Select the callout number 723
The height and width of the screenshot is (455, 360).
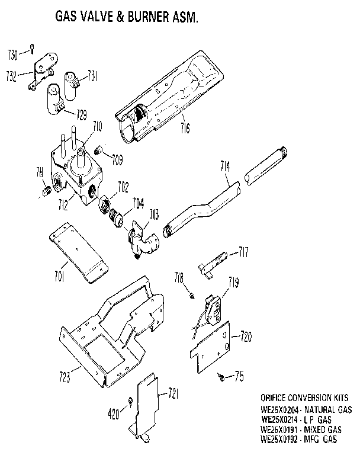point(66,376)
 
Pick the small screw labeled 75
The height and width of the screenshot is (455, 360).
point(220,374)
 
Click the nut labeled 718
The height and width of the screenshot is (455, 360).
point(194,294)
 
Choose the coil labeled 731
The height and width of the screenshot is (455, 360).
point(74,79)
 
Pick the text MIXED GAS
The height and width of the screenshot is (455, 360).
point(325,430)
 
